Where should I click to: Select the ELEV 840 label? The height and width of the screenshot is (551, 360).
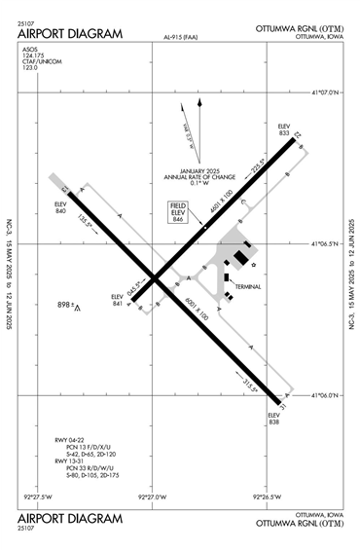click(61, 206)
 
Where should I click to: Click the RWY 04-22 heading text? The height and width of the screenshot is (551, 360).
click(71, 441)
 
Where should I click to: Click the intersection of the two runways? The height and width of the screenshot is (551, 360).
click(157, 276)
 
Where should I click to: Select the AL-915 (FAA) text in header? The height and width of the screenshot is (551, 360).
click(180, 38)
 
